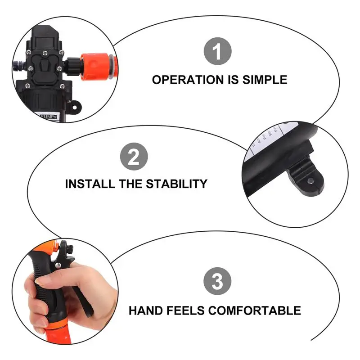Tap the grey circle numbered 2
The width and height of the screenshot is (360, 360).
coord(134,157)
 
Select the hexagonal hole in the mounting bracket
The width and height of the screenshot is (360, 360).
coord(311,181)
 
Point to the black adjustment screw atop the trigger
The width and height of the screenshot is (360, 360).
coord(64,247)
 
